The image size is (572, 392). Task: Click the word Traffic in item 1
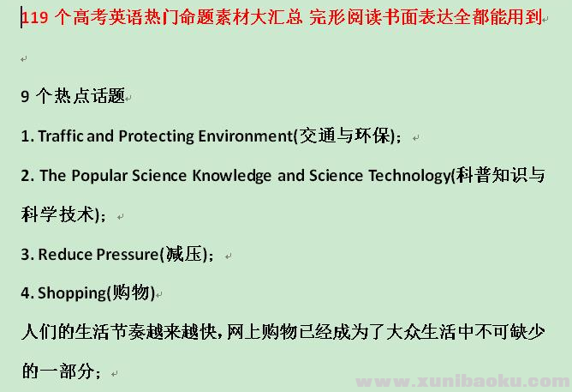coord(62,136)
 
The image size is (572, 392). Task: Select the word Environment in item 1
coord(246,136)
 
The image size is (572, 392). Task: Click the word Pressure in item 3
coord(123,254)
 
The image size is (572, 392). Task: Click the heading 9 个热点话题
coord(73,96)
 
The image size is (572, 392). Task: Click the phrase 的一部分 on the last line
coord(58,371)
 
